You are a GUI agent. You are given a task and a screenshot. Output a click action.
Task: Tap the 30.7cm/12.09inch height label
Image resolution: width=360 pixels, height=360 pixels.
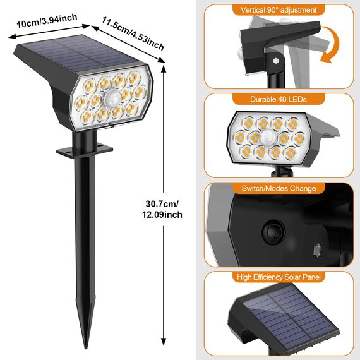coord(164,209)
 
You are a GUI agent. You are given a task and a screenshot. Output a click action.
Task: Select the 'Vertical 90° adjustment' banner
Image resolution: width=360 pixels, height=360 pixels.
coord(279,10)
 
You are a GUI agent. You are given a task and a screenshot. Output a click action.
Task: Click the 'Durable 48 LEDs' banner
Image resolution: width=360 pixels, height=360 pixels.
coord(279,99)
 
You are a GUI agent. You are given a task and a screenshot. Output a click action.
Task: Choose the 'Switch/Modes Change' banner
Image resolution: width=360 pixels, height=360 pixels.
coord(279,188)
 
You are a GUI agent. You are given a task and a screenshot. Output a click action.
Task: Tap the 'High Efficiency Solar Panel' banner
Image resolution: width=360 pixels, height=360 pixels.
coord(279,277)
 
